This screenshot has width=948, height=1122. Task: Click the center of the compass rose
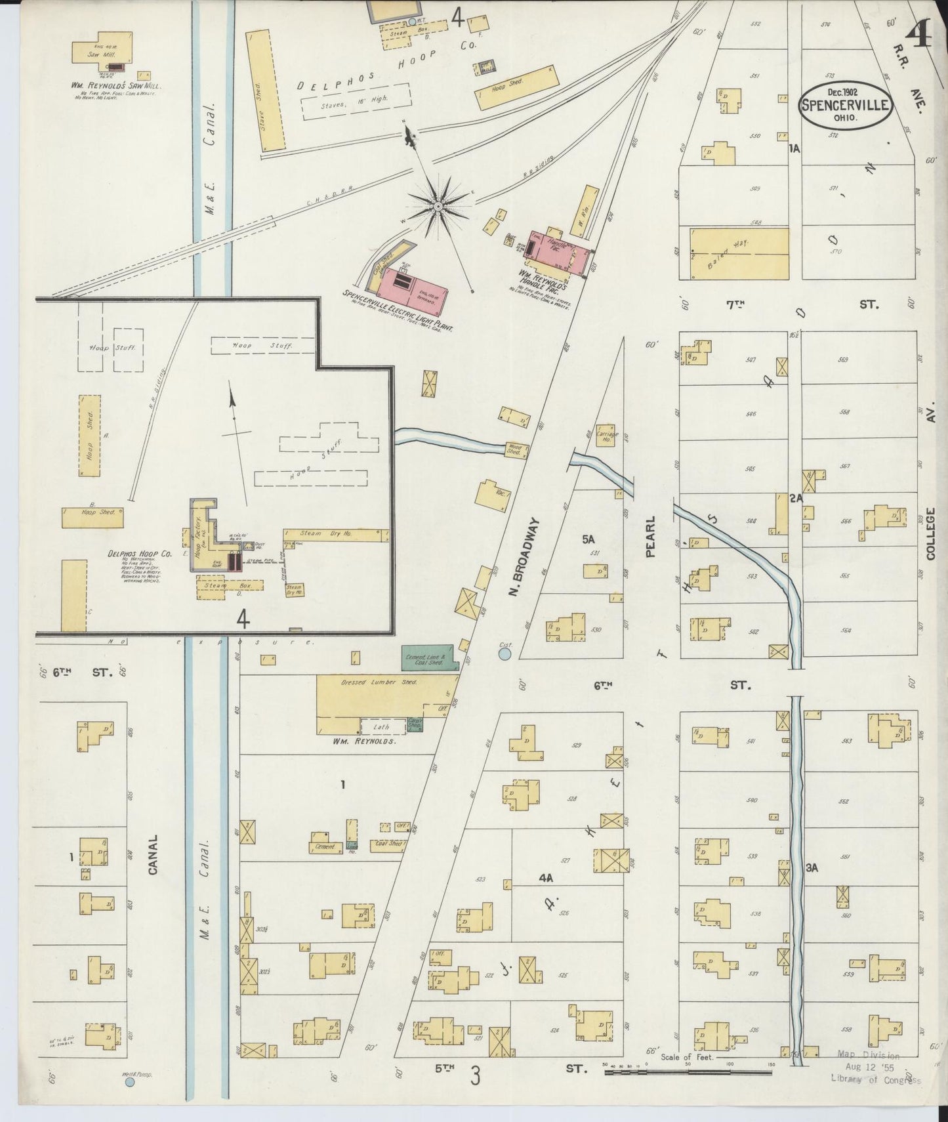click(x=438, y=207)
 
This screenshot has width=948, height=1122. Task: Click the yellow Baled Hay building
click(x=739, y=253)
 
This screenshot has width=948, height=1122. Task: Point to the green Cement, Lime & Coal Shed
click(x=430, y=657)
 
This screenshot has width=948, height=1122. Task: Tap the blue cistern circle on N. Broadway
click(x=505, y=654)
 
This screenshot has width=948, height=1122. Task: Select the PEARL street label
click(x=651, y=535)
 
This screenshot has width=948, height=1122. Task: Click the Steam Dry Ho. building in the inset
click(x=333, y=535)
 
